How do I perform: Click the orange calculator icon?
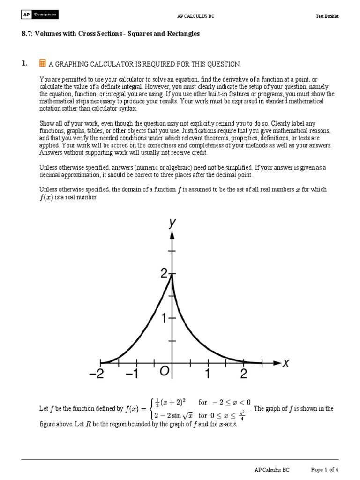[x=43, y=63]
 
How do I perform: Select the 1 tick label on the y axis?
[x=164, y=318]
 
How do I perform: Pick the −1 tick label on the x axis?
[x=132, y=374]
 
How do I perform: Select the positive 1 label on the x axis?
[x=208, y=374]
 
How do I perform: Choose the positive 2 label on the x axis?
[x=244, y=374]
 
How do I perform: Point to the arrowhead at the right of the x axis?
[x=277, y=362]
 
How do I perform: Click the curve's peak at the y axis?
[x=172, y=276]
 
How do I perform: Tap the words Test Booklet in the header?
[x=327, y=16]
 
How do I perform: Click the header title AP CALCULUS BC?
[x=192, y=16]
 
